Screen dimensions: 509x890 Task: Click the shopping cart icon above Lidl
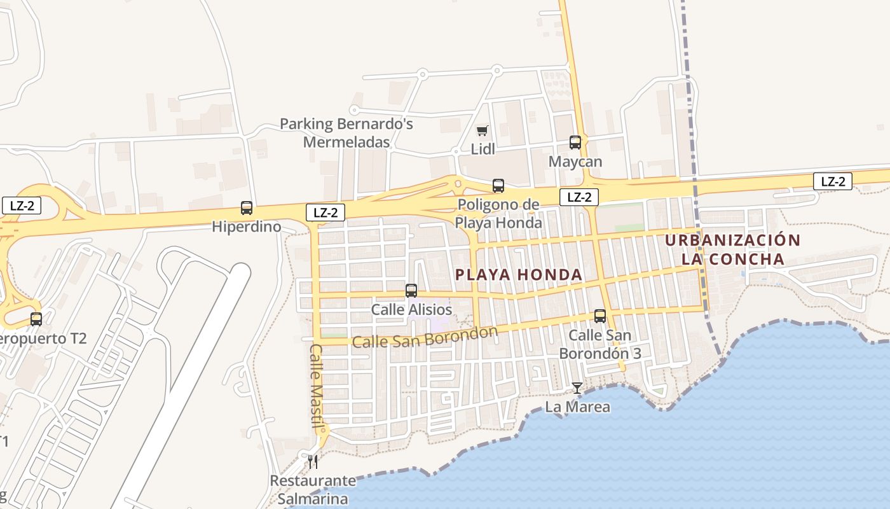tap(482, 131)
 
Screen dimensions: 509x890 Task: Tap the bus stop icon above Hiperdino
tap(247, 208)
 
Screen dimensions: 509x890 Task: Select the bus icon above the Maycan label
tap(575, 143)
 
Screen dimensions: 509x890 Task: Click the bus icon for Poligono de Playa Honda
tap(498, 186)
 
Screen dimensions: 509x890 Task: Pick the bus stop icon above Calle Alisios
tap(411, 291)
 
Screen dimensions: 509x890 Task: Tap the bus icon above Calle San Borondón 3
tap(600, 316)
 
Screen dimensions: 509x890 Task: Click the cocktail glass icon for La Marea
tap(577, 387)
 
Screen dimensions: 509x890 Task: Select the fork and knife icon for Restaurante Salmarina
tap(312, 461)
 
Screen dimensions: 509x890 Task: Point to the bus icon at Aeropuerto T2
tap(36, 319)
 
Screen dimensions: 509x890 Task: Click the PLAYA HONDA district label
tap(519, 275)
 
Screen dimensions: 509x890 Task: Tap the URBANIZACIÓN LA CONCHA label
tap(733, 249)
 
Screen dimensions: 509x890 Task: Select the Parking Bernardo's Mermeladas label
tap(346, 132)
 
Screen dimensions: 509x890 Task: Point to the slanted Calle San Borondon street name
tap(425, 338)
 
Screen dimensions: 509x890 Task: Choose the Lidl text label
tap(483, 150)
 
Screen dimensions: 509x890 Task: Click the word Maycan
tap(575, 162)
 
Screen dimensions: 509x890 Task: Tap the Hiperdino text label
tap(247, 227)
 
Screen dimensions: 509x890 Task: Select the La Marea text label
tap(578, 407)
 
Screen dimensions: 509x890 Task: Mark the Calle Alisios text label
tap(411, 310)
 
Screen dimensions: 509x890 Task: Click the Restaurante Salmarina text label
tap(313, 489)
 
